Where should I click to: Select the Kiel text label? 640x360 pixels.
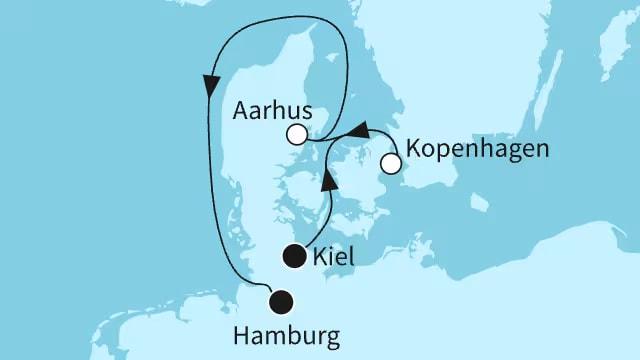coord(333,259)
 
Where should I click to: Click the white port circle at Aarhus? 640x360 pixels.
coord(296,135)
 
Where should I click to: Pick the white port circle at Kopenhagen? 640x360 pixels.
coord(391,162)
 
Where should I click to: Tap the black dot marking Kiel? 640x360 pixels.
coord(294,257)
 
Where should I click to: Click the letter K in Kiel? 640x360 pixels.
coord(317,259)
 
